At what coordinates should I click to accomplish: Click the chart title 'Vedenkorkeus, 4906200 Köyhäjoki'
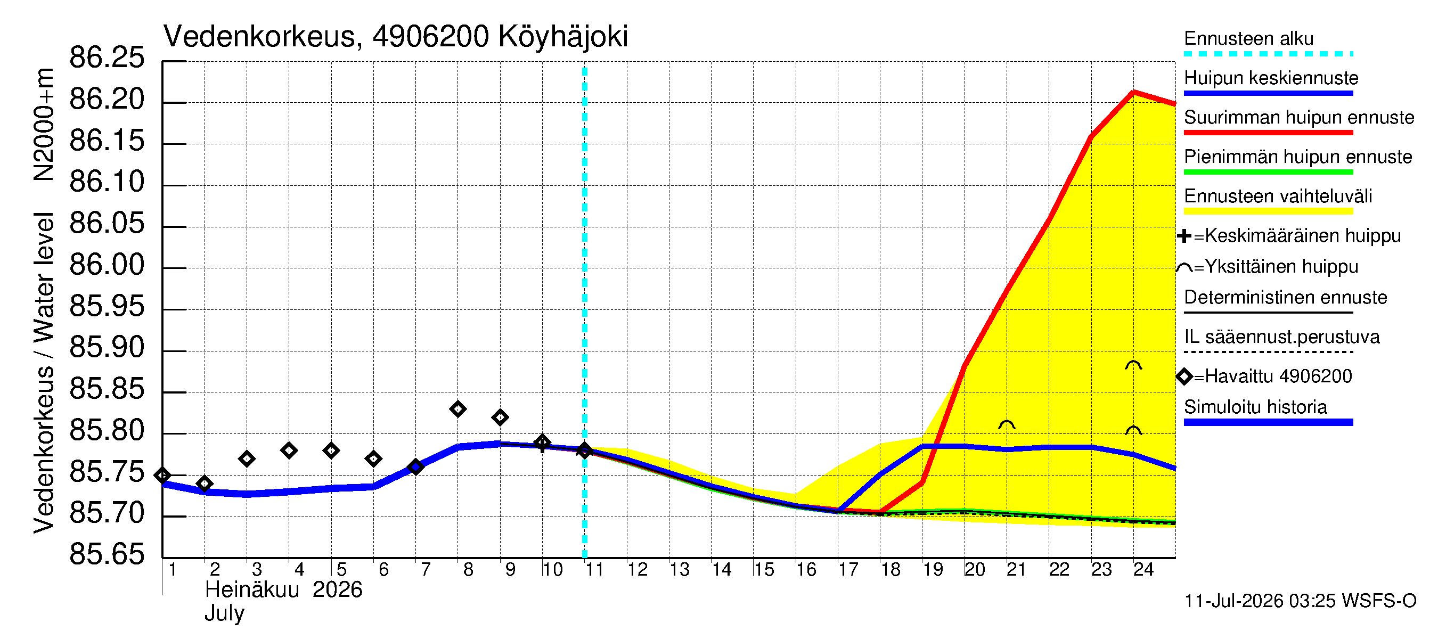(x=396, y=37)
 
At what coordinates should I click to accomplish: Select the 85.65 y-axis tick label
(x=107, y=555)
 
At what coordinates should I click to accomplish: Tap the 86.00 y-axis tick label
(x=107, y=265)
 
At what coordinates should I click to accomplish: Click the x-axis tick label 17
(x=848, y=570)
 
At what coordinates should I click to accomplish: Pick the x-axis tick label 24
(x=1143, y=570)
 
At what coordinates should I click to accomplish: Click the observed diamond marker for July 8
(x=457, y=409)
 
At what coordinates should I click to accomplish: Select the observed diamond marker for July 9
(x=500, y=417)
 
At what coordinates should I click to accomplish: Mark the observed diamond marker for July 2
(x=205, y=484)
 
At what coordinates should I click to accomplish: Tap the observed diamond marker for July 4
(x=289, y=450)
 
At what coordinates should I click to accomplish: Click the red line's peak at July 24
(x=1133, y=92)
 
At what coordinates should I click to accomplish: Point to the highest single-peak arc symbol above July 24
(x=1133, y=365)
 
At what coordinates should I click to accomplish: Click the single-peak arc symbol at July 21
(x=1007, y=425)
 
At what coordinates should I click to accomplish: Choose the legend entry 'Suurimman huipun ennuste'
(x=1298, y=118)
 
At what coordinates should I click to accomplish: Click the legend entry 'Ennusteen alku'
(x=1249, y=39)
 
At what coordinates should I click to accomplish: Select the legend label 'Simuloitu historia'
(x=1255, y=407)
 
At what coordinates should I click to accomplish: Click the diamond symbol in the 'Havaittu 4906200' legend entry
(x=1184, y=376)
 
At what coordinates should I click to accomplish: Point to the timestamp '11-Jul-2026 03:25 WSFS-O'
(x=1300, y=601)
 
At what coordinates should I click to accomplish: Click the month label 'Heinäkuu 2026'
(x=283, y=590)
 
